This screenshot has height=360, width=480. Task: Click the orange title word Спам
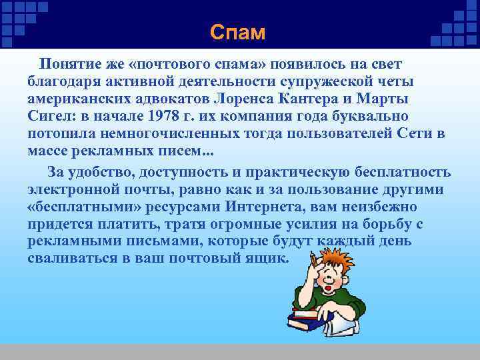click(237, 32)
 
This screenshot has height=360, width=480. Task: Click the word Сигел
click(52, 115)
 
